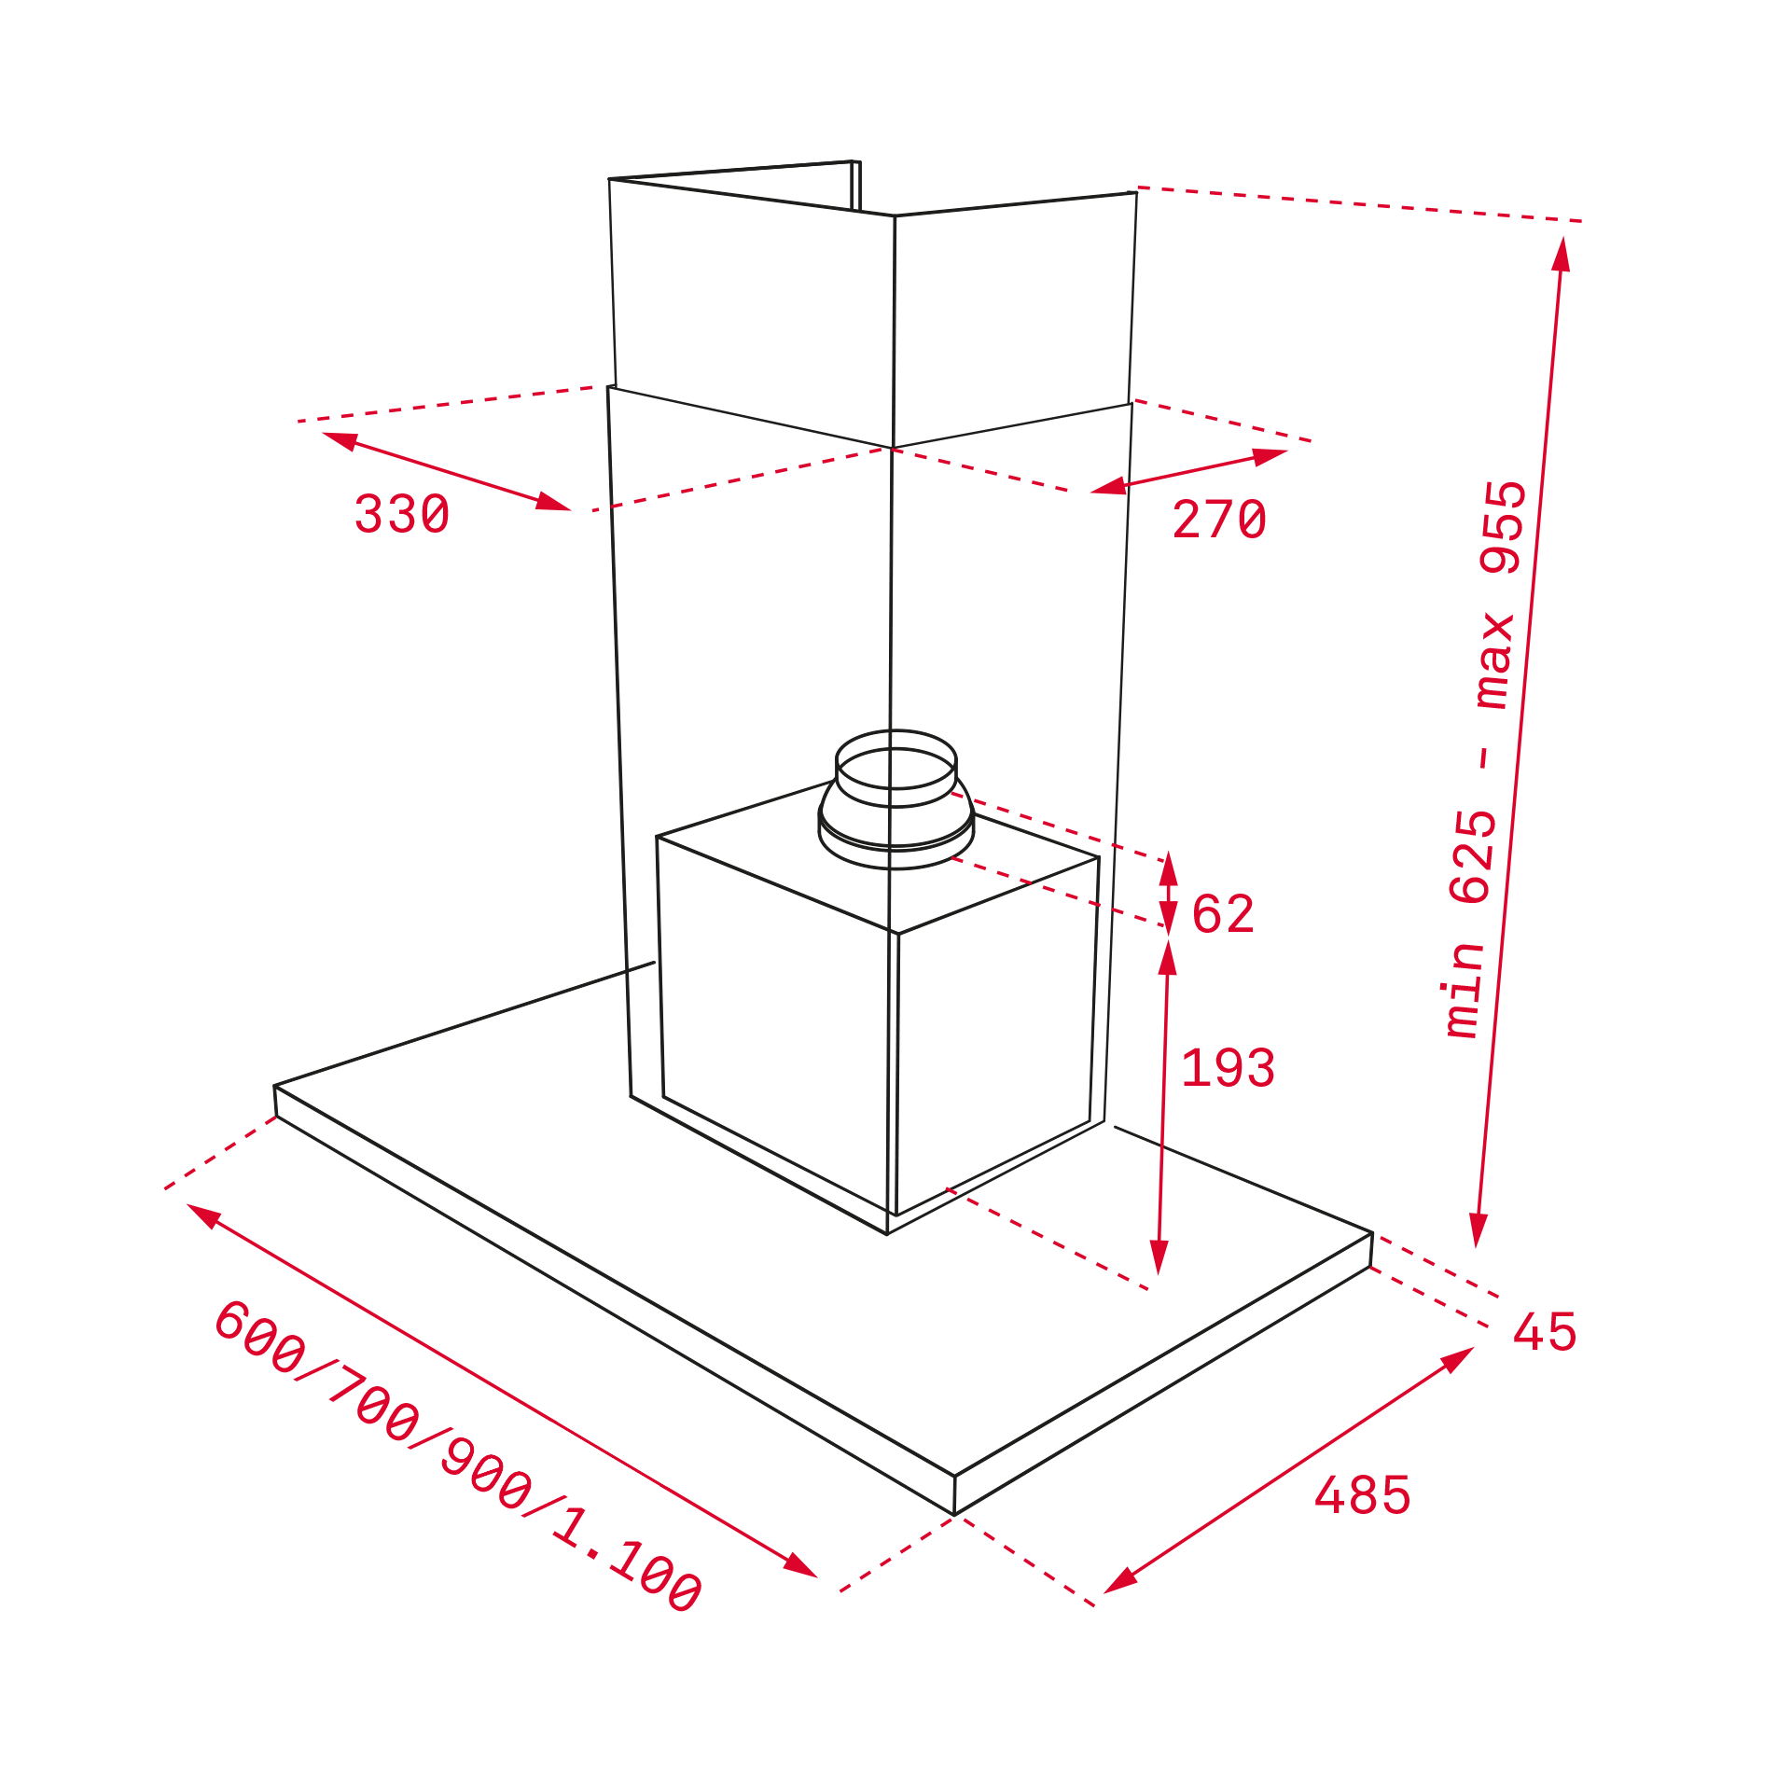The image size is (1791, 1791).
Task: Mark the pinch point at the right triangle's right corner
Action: click(x=1127, y=483)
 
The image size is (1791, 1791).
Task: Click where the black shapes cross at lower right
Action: click(x=1161, y=1147)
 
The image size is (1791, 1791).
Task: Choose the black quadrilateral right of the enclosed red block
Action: click(x=1306, y=1213)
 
